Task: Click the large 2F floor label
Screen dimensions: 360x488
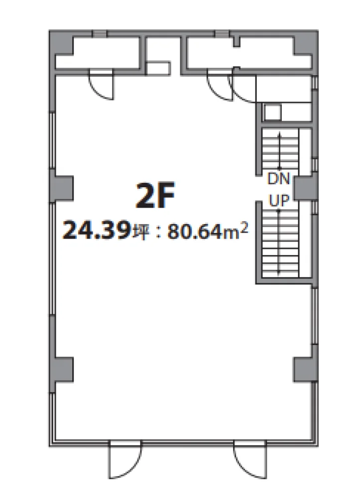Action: tap(155, 195)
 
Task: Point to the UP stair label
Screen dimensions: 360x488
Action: tap(279, 201)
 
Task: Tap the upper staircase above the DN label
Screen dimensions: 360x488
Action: tap(280, 149)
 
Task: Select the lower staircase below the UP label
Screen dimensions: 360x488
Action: tap(280, 243)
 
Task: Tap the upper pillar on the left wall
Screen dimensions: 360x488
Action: tap(62, 188)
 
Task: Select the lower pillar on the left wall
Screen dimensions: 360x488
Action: tap(62, 369)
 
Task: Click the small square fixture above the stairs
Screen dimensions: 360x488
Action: tap(272, 112)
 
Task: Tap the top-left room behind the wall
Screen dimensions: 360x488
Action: tap(97, 53)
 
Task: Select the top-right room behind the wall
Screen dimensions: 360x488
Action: tap(249, 53)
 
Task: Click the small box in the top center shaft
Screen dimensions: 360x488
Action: tap(158, 69)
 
